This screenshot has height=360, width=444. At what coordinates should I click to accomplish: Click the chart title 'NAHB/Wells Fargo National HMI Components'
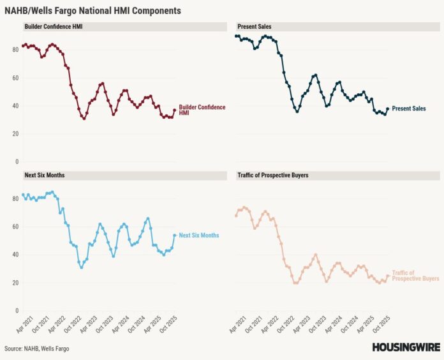(x=93, y=11)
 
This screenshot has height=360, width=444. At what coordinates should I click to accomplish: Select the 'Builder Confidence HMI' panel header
(x=54, y=27)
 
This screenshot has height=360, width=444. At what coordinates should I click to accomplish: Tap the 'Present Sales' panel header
(x=253, y=27)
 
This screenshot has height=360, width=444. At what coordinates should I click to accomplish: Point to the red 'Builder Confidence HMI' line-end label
(x=202, y=110)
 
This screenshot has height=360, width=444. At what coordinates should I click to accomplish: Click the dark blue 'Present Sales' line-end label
(x=408, y=109)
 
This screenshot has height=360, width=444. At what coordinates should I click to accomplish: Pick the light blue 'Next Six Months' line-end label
(x=198, y=236)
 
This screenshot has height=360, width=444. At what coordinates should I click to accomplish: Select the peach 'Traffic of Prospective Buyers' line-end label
(x=415, y=276)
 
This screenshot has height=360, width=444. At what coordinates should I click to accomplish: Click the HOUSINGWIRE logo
(x=404, y=348)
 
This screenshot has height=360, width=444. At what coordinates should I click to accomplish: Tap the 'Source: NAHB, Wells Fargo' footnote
(x=37, y=349)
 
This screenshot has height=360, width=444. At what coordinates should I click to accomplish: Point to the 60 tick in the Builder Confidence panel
(x=15, y=78)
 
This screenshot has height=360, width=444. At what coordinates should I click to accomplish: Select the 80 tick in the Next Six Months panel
(x=15, y=199)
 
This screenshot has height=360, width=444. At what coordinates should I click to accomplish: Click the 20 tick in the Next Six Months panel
(x=15, y=283)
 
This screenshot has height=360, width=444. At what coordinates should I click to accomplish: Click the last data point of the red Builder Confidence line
(x=174, y=110)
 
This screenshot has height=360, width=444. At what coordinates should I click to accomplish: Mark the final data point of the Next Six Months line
(x=174, y=235)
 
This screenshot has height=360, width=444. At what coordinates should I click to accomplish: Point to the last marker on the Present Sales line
(x=387, y=109)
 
